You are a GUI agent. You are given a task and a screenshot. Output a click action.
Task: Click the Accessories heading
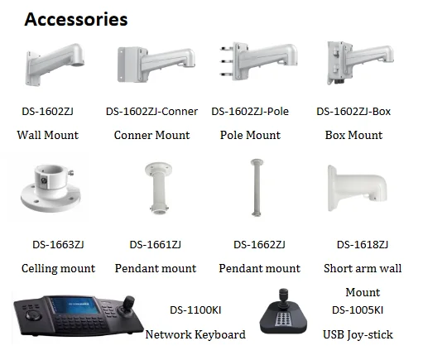coord(76,19)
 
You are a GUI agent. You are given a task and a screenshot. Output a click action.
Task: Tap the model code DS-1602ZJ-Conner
coord(151,112)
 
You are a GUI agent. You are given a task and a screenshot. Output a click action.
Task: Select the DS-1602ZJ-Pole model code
coord(250,112)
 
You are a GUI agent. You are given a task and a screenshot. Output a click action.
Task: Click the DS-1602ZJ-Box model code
coord(353,112)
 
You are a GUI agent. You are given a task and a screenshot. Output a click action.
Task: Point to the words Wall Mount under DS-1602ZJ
coord(48,135)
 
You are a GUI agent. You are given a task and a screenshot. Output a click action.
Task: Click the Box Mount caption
coord(353,135)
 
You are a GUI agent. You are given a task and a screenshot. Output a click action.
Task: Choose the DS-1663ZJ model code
coord(58,245)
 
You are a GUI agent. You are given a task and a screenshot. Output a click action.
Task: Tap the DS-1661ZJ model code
coord(156,245)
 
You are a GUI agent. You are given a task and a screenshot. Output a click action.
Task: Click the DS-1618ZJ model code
coord(363,245)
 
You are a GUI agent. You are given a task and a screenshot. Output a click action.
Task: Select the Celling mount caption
coord(58,268)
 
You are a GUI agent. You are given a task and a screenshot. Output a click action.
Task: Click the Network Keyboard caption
coord(195,334)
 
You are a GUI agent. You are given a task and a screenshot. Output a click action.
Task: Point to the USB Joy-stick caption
coord(358,334)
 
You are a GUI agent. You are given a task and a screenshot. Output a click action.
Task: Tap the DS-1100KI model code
coord(195,310)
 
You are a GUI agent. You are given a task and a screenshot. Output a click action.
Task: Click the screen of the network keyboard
coord(75,305)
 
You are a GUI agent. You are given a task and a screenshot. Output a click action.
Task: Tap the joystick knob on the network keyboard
coord(128,302)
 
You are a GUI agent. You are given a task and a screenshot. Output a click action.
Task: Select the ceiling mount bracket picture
coord(50,188)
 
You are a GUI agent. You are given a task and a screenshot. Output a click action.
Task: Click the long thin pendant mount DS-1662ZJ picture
coord(257,187)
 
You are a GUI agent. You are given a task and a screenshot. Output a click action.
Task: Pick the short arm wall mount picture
coord(357,188)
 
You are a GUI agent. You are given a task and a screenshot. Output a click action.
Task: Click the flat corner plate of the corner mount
coord(128,65)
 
